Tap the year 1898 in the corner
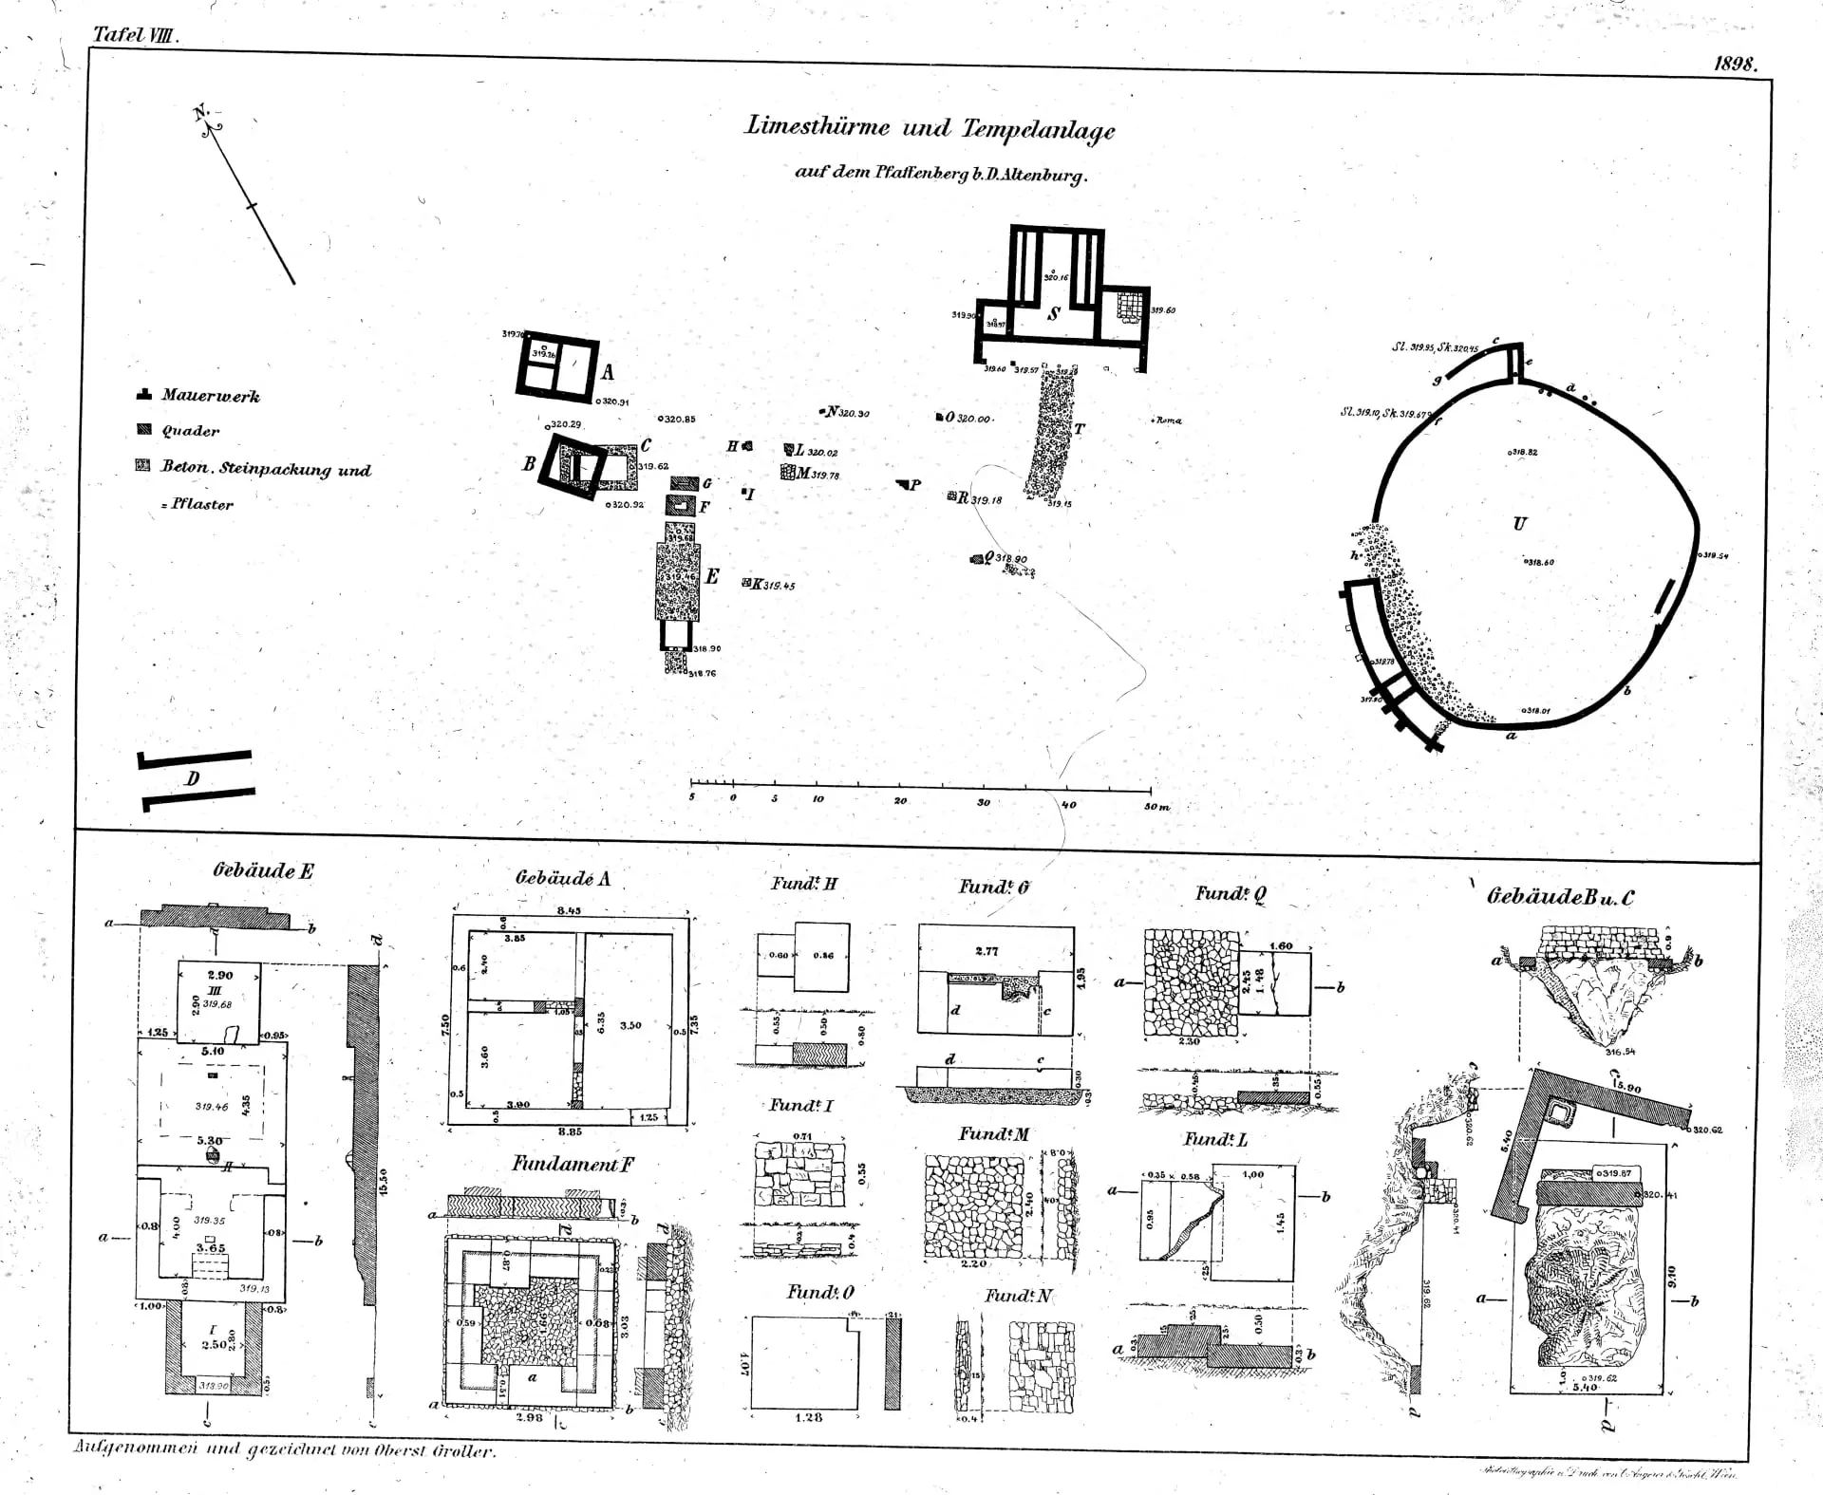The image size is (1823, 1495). point(1735,65)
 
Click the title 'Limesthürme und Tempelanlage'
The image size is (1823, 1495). point(930,128)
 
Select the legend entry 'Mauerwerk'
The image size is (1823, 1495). point(210,396)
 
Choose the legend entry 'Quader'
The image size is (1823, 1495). point(190,431)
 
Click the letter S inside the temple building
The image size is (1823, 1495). point(1054,314)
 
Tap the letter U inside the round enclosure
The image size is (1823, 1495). point(1519,523)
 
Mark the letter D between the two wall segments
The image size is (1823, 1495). point(193,779)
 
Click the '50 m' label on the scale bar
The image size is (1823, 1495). point(1156,806)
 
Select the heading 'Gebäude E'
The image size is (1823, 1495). point(263,871)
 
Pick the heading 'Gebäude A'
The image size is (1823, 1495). point(562,878)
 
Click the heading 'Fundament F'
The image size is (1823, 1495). point(573,1165)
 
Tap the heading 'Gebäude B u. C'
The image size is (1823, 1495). point(1560,897)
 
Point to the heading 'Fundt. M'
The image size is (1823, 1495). point(993,1134)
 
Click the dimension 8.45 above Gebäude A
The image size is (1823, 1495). point(569,910)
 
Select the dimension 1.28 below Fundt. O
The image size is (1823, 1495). point(809,1417)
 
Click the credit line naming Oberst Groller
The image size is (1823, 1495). point(284,1451)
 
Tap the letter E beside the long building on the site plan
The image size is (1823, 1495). point(711,576)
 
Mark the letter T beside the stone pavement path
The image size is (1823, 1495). point(1078,428)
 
